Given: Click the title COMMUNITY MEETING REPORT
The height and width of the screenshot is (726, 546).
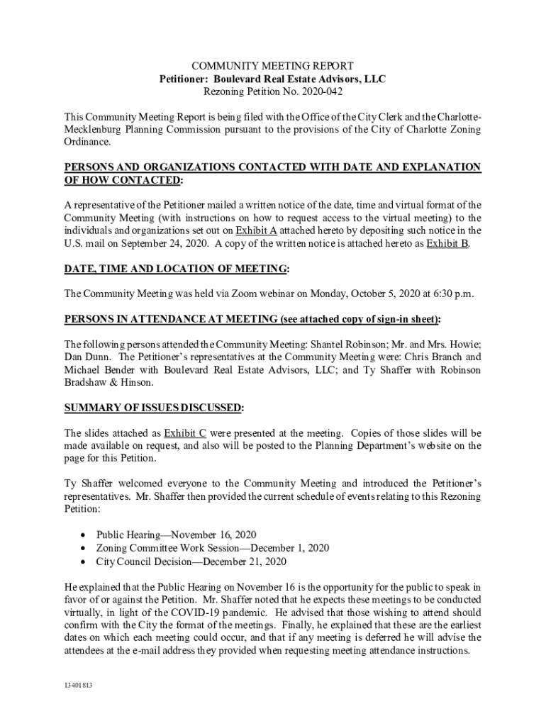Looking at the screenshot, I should point(273,66).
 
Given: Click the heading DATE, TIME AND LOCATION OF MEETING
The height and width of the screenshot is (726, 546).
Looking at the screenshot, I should point(177,269).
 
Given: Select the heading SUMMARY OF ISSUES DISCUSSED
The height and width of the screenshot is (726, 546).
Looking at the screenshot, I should point(153,408).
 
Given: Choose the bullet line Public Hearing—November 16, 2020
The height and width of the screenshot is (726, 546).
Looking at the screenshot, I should point(177,535).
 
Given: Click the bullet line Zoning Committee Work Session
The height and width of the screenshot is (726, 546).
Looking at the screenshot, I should point(213,548).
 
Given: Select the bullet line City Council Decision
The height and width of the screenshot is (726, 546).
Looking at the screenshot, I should point(191,562).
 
